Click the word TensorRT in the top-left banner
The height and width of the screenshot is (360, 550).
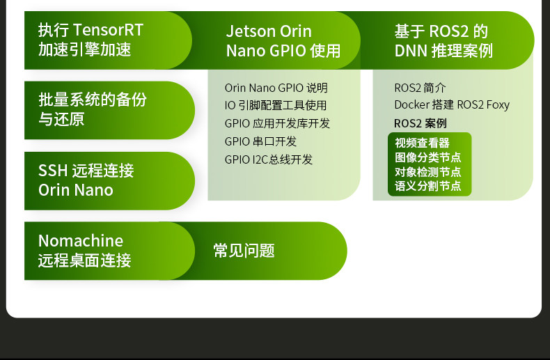109,30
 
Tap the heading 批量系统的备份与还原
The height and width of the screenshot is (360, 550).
93,109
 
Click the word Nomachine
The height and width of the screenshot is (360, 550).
81,241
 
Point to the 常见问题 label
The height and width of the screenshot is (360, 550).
244,251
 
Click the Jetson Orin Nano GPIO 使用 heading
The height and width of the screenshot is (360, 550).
283,40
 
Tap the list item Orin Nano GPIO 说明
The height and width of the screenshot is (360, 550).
276,88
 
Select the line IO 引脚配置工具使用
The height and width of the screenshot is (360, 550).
276,105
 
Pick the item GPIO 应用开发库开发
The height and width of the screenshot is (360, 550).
277,123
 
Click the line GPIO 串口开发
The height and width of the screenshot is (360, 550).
260,141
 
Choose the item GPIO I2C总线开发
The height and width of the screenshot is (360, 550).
268,159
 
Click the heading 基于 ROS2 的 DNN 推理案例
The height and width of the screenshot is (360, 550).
443,40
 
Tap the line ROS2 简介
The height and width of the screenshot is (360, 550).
420,88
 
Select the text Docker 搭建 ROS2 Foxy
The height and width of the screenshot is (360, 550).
452,105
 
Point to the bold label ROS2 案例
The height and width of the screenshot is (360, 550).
421,123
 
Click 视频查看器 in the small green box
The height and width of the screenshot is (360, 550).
422,143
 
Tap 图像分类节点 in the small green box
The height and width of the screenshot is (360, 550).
428,157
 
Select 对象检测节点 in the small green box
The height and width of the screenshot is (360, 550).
428,171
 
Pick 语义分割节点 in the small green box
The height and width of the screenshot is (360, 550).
428,186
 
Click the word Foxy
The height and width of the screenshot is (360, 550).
498,105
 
